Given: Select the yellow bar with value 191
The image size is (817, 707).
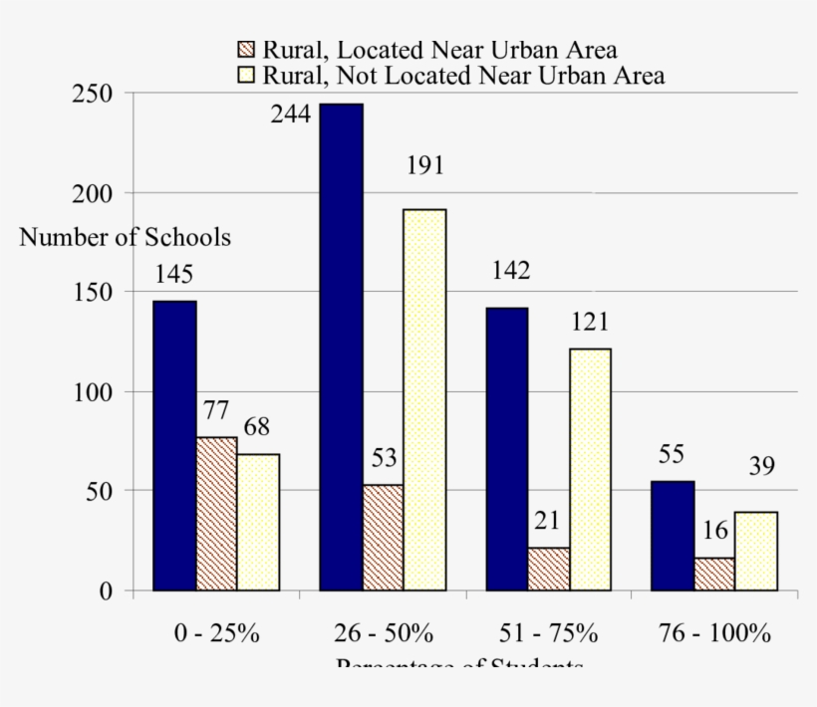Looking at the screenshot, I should click(424, 399).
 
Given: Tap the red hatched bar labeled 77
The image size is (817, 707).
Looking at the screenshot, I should click(216, 513).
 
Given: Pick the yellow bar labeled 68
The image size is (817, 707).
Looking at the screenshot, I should click(258, 522).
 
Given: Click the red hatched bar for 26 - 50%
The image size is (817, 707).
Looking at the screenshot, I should click(383, 537).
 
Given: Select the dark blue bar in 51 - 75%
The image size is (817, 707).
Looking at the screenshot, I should click(507, 449).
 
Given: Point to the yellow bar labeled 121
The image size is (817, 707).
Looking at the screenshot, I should click(590, 469).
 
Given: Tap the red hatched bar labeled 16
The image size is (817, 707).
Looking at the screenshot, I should click(714, 574).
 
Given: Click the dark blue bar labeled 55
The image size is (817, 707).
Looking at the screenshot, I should click(673, 536).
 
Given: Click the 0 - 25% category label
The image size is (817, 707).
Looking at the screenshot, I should click(216, 634).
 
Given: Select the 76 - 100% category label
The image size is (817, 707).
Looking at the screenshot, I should click(714, 634).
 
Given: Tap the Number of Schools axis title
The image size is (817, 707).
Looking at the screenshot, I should click(125, 238).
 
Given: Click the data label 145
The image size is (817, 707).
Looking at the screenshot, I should click(173, 274).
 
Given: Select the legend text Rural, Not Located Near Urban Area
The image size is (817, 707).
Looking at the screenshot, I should click(463, 75).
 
